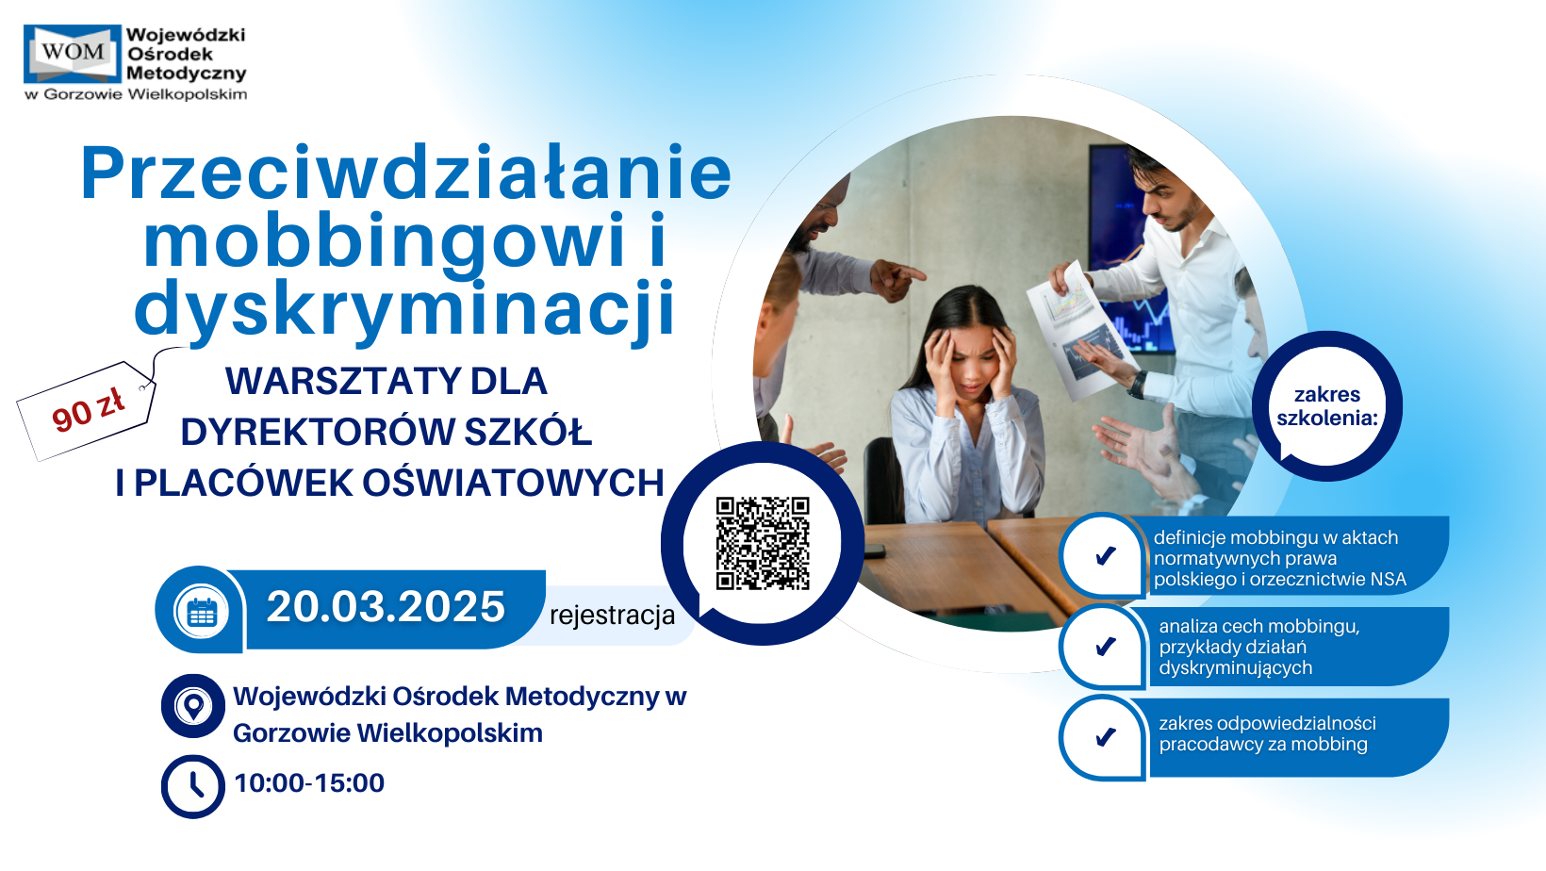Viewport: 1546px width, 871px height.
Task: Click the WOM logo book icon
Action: pos(73,54)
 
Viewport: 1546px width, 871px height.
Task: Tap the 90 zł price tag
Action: pos(87,411)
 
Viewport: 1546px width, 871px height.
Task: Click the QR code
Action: pos(762,543)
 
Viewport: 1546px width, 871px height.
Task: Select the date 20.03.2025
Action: pos(386,607)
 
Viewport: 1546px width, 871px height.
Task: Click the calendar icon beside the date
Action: pos(202,611)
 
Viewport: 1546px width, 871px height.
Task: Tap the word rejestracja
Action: pos(612,615)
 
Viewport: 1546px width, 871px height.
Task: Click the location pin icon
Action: pos(193,706)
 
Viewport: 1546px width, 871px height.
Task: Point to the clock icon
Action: pos(193,787)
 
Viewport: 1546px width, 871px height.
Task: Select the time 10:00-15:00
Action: pos(309,783)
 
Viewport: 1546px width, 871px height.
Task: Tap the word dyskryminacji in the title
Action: pos(404,309)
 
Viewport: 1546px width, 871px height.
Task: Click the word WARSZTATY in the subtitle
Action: pos(338,381)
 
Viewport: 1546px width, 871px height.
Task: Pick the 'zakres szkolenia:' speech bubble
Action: pos(1326,406)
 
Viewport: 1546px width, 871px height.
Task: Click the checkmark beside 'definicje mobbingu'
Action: pos(1106,555)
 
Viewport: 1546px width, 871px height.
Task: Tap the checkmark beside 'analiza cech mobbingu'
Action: pos(1106,646)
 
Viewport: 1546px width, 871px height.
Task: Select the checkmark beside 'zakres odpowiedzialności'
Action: pos(1106,737)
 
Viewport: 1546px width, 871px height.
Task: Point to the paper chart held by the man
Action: pos(1080,331)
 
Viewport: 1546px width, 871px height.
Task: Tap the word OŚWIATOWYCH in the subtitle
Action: pos(513,483)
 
